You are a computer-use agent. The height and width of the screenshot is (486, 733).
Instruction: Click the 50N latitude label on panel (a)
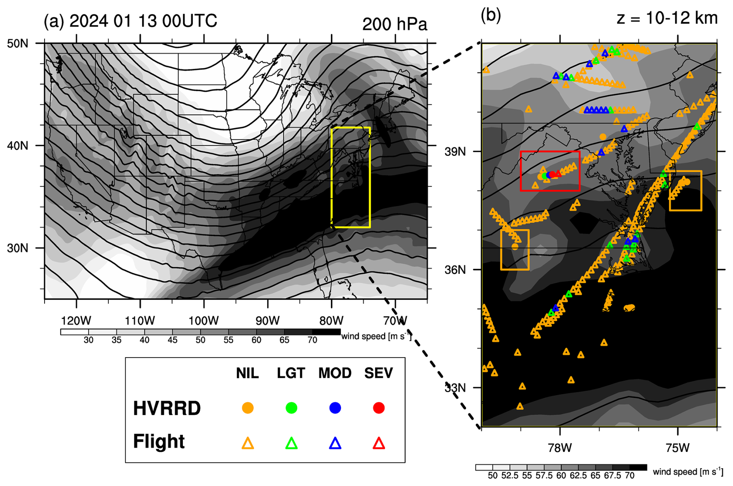[x=18, y=43]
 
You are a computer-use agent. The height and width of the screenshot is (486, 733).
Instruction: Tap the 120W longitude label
[x=76, y=321]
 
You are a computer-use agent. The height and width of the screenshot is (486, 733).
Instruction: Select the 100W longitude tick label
[x=203, y=321]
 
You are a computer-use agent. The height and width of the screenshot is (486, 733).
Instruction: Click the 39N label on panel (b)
[x=455, y=152]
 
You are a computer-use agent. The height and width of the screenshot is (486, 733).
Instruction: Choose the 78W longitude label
[x=560, y=448]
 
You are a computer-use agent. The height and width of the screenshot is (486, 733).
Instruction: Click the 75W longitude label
[x=678, y=448]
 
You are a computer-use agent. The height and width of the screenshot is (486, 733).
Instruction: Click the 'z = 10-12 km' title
[x=667, y=18]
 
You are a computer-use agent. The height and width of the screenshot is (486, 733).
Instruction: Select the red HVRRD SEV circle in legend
[x=379, y=408]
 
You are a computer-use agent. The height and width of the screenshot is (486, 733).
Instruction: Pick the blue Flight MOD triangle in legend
[x=335, y=443]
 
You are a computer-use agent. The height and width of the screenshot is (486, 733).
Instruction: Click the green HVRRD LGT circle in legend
[x=291, y=408]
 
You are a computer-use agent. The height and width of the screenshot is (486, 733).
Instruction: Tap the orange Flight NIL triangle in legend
[x=248, y=443]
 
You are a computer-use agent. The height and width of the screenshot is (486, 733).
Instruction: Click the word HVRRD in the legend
[x=167, y=408]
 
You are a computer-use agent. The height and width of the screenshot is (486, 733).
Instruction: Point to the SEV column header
[x=379, y=373]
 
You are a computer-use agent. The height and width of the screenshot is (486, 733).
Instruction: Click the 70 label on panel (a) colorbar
[x=312, y=340]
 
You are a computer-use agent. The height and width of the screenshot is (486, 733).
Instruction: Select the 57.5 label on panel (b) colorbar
[x=544, y=475]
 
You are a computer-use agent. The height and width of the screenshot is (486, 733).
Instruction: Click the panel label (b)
[x=490, y=15]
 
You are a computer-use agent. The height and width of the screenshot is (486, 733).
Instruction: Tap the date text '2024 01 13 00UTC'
[x=143, y=21]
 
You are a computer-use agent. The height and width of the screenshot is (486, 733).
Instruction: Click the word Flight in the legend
[x=159, y=441]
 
